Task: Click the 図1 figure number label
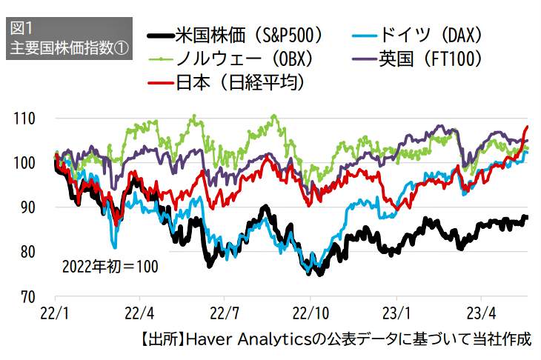pos(22,29)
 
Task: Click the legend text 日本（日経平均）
pos(241,82)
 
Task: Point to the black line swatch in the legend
pos(161,35)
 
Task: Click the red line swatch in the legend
pos(161,82)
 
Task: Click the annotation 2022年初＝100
pos(110,264)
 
